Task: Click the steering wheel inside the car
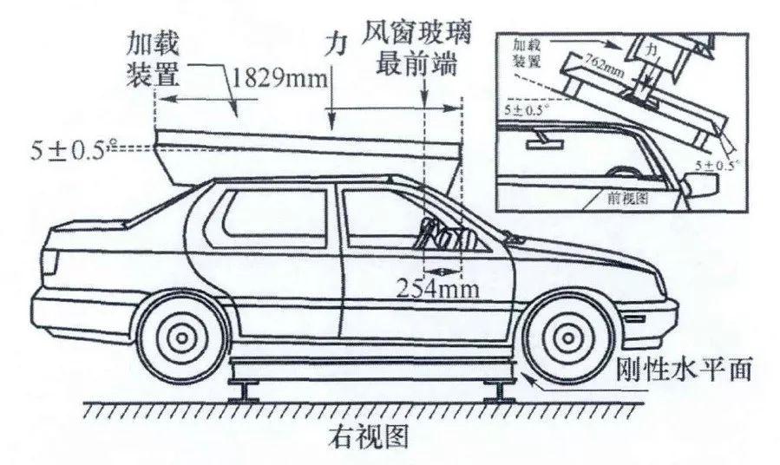tap(431, 231)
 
